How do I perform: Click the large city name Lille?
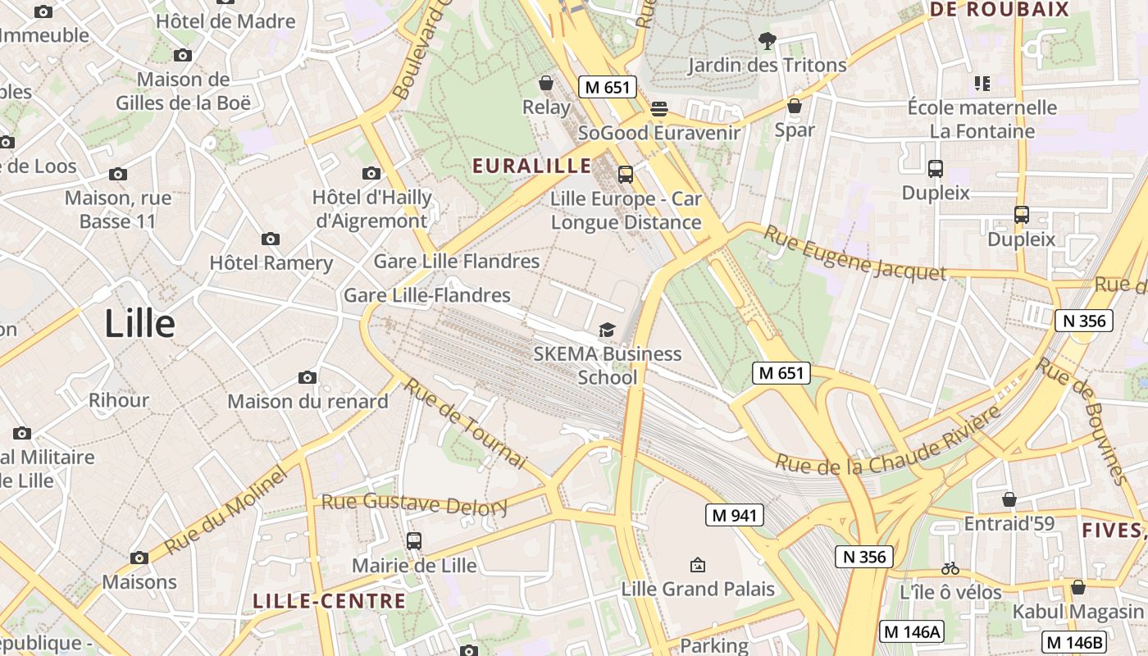coord(139,324)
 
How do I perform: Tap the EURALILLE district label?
coord(531,166)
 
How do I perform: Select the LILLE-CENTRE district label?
coord(329,601)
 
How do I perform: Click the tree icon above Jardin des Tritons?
coord(767,39)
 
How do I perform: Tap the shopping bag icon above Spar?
coord(794,106)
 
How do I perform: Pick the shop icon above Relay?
coord(545,83)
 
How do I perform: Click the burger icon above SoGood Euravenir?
coord(658,109)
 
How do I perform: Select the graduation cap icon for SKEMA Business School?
coord(607,330)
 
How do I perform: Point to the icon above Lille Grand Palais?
coord(697,564)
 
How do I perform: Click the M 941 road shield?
coord(735,515)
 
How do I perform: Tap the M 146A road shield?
coord(912,631)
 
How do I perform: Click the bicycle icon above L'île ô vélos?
coord(950,567)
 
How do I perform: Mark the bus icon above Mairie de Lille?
coord(413,541)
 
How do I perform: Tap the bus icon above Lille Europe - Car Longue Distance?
coord(625,174)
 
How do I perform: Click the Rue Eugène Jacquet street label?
coord(854,254)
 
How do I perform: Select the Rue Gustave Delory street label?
coord(414,503)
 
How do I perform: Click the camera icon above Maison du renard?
coord(307,377)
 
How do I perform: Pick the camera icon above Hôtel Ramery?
coord(271,239)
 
